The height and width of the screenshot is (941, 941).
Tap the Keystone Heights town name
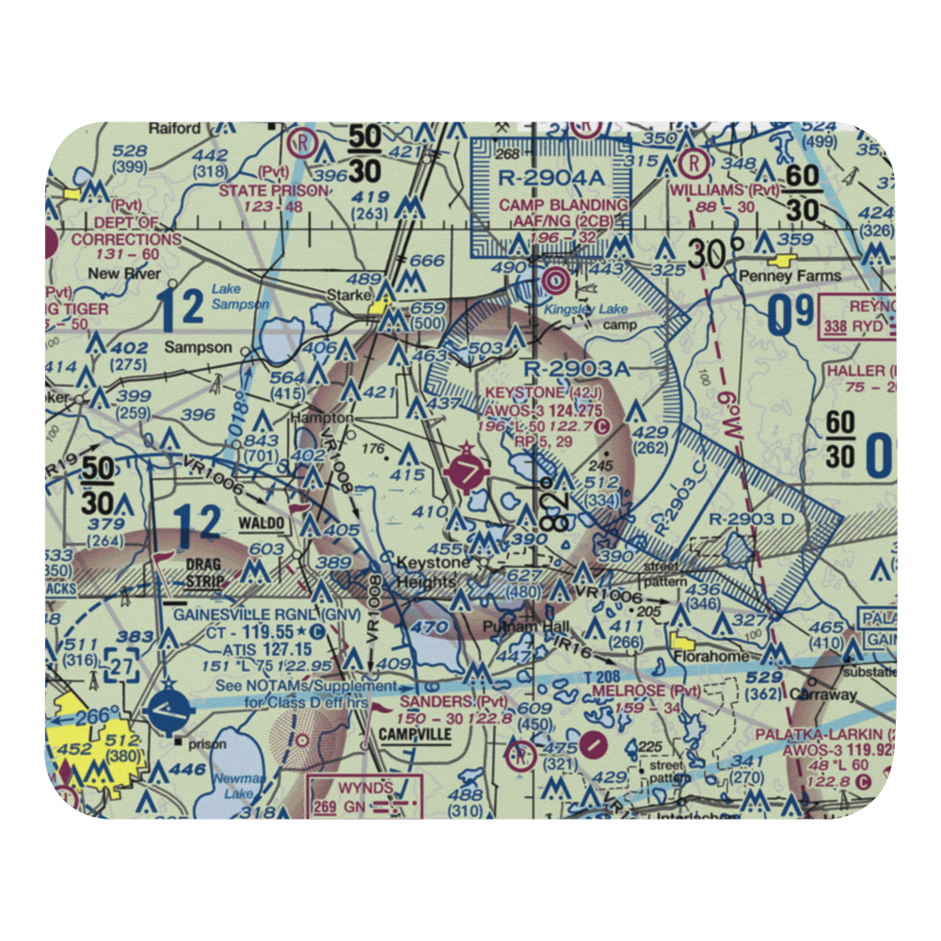point(432,572)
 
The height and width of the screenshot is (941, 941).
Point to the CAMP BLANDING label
point(564,205)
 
